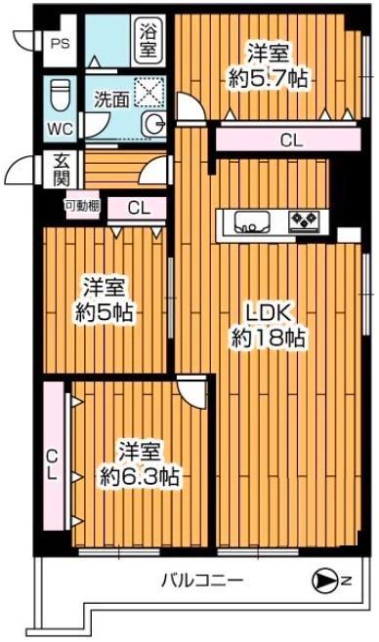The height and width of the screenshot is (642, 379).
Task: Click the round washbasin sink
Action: click(154, 124)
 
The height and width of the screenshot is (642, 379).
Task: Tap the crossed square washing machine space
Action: click(150, 92)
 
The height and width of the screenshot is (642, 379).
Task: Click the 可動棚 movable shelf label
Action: click(80, 206)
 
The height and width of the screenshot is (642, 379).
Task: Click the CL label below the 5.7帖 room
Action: click(291, 140)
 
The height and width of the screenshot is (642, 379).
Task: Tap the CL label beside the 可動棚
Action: click(140, 207)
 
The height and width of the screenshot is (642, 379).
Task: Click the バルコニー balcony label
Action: click(202, 582)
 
